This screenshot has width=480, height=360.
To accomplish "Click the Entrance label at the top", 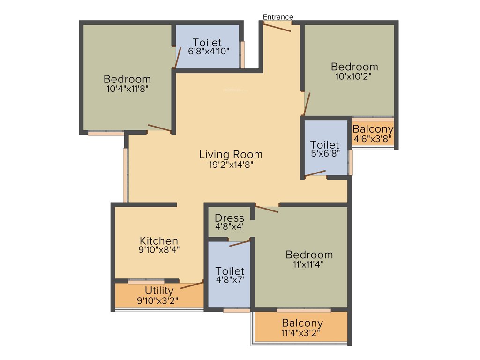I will click(x=277, y=17).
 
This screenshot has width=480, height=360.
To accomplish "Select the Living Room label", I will click(x=231, y=154).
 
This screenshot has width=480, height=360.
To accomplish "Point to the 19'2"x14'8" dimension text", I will click(x=231, y=165).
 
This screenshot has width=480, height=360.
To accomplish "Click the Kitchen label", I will click(x=158, y=241).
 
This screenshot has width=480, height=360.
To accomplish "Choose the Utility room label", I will click(x=159, y=291).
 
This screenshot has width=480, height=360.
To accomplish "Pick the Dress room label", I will click(x=229, y=218).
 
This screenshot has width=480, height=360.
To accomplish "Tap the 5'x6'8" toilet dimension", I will click(x=325, y=153).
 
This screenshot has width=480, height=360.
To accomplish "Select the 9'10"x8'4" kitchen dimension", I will click(x=159, y=250).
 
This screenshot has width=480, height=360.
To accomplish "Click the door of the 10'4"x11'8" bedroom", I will click(x=159, y=128).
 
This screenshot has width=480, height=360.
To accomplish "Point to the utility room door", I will click(x=192, y=285).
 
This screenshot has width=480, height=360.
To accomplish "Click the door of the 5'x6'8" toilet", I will click(x=315, y=174).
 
